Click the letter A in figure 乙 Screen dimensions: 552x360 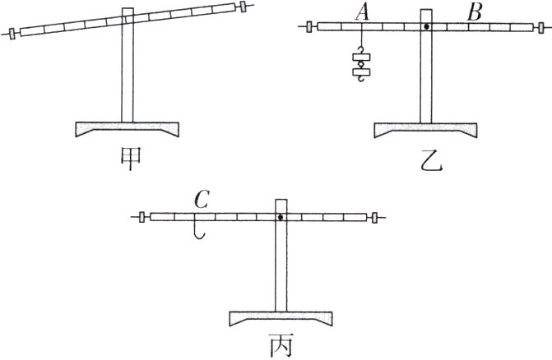[x=362, y=12]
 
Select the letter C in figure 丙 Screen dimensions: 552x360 [x=201, y=200]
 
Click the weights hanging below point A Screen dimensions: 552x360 [x=360, y=65]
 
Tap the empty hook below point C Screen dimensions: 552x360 [x=197, y=231]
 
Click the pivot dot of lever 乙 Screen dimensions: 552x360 [x=427, y=27]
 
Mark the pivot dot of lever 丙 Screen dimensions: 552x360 [x=281, y=218]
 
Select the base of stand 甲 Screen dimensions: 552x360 [x=128, y=129]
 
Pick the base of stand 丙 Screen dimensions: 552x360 [x=280, y=319]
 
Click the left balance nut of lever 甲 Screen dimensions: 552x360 [x=12, y=35]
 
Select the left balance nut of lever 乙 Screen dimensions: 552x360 [x=309, y=27]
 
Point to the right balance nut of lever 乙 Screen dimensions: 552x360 [x=540, y=27]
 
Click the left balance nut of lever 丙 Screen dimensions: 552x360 [x=142, y=218]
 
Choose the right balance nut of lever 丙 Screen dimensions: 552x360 [x=375, y=218]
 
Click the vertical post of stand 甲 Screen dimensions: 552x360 [x=127, y=78]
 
